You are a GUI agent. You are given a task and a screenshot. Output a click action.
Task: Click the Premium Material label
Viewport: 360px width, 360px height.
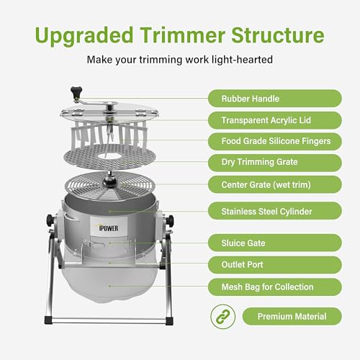[x=291, y=315]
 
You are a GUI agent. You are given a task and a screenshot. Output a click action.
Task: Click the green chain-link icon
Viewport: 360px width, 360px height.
[x=222, y=315]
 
